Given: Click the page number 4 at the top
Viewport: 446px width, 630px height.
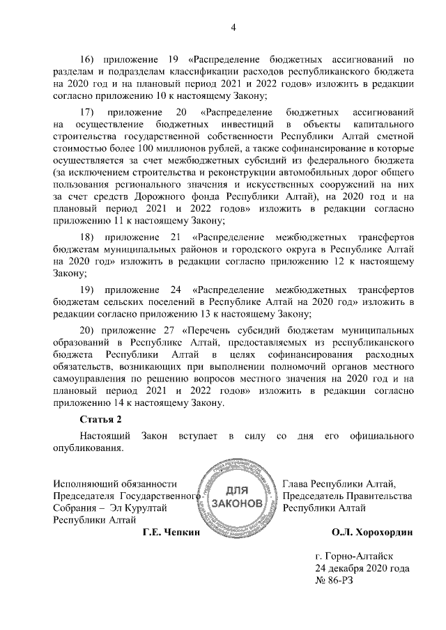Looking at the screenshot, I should coord(234,27).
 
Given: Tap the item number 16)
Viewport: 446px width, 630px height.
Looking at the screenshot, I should coord(89,59).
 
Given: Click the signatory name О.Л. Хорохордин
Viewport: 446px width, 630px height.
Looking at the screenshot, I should coord(372,533).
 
